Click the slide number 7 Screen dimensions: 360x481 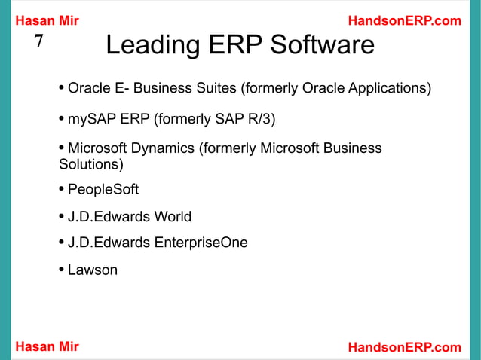39,42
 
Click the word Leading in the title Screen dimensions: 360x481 146,47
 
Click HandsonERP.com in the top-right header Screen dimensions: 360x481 405,21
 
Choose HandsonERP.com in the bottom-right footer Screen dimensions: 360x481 405,347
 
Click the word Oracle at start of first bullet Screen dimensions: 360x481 89,89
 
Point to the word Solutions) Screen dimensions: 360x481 90,164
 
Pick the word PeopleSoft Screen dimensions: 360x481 103,189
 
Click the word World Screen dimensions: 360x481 173,217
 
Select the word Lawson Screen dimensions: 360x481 93,269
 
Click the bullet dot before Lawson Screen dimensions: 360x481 61,269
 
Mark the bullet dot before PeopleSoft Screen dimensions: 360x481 61,188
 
